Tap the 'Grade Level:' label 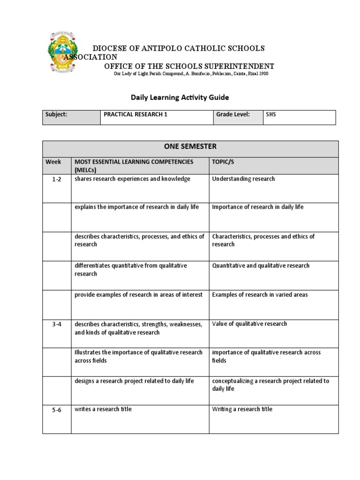coord(232,114)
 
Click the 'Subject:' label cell coord(56,114)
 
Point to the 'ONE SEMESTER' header coord(190,147)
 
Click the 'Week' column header coord(53,162)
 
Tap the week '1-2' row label coord(57,180)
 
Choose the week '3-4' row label coord(57,324)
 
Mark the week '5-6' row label coord(57,410)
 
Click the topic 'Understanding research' coord(243,179)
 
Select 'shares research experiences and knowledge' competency coord(132,179)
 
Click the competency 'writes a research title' coord(103,409)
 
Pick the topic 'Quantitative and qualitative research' coord(261,265)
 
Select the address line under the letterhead coord(191,74)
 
